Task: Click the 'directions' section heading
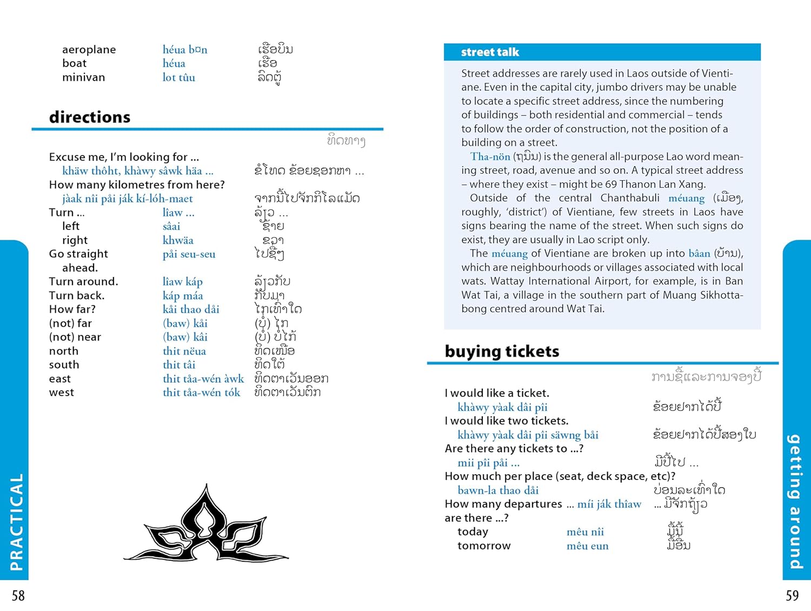click(90, 117)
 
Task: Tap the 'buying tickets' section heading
click(502, 351)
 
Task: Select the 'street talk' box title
click(490, 52)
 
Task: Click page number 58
click(18, 595)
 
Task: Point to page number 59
click(792, 595)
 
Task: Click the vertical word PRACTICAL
click(17, 522)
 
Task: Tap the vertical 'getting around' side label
click(794, 501)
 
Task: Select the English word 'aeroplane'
click(89, 50)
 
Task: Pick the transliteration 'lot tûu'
click(179, 77)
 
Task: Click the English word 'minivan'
click(83, 77)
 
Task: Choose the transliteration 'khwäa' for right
click(178, 240)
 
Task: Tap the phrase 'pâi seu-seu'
click(189, 254)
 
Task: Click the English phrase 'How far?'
click(72, 309)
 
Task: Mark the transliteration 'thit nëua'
click(184, 351)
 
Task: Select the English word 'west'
click(61, 392)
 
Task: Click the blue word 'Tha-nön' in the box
click(490, 156)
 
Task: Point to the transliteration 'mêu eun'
click(587, 546)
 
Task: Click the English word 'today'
click(473, 531)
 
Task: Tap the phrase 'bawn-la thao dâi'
click(498, 490)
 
